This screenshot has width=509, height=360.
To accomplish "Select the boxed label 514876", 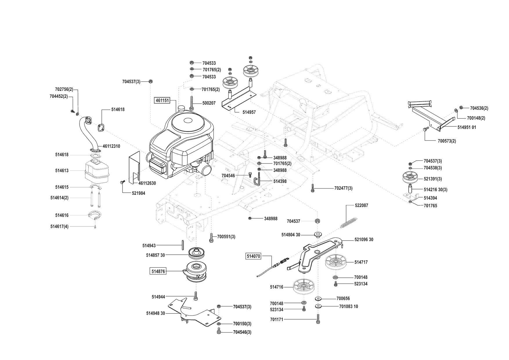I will click(158, 271).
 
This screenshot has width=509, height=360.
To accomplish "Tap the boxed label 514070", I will click(253, 256).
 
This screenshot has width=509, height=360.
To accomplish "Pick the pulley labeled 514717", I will click(335, 262).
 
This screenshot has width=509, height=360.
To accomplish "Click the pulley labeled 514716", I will click(304, 287).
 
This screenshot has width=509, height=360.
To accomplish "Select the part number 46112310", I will click(111, 146).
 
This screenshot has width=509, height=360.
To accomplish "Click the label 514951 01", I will click(466, 127).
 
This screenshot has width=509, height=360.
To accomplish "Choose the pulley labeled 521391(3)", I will click(410, 178).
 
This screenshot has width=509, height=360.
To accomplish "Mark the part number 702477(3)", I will click(343, 188).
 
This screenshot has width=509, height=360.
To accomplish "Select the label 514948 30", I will click(156, 313).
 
